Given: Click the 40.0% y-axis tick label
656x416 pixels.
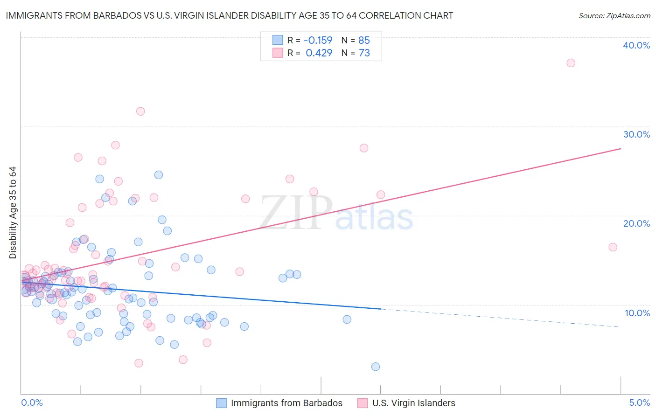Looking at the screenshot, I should pos(636,45).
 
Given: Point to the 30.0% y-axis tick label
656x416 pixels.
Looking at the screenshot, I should pos(636,134).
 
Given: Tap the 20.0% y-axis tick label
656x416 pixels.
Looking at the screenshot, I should pos(636,223).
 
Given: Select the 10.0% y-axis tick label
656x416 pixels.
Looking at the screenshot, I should pos(637,313).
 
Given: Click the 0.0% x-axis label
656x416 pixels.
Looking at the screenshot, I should pos(32,402).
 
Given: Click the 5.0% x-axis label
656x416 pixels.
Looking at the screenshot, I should pos(639,402).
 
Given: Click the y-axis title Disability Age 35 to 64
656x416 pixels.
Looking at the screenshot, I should pos(13,213).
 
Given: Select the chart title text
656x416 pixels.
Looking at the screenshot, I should pos(229,15).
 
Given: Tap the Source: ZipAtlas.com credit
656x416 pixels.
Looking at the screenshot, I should pos(614,15).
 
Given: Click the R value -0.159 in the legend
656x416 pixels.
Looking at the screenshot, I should pos(318,40).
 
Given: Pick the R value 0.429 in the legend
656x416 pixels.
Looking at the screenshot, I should pos(319,53).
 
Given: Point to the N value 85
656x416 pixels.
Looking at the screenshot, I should pos(364,40).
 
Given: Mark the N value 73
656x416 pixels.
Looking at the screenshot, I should pos(364,53).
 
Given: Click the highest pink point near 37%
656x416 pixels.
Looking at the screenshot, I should pos(571,63).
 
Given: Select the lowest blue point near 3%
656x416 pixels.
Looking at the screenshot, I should pos(375,367).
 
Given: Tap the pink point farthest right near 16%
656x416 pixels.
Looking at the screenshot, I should pos(613,247).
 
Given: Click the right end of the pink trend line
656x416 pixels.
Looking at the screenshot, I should pos(621,148).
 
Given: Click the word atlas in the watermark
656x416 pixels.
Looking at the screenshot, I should pos(374,218).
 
